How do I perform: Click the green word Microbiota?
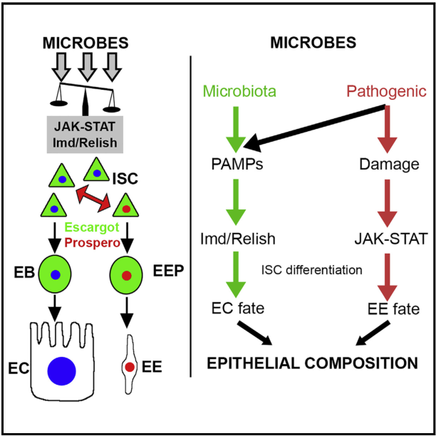pyautogui.click(x=239, y=91)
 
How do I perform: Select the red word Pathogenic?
pyautogui.click(x=387, y=92)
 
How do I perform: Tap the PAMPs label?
pyautogui.click(x=237, y=164)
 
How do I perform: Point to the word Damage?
pyautogui.click(x=389, y=165)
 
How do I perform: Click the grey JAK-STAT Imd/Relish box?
pyautogui.click(x=85, y=135)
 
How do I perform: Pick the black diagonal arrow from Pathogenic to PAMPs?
pyautogui.click(x=314, y=128)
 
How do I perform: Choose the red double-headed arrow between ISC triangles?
pyautogui.click(x=93, y=199)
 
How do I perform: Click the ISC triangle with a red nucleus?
pyautogui.click(x=125, y=207)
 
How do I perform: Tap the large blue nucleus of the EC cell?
pyautogui.click(x=61, y=371)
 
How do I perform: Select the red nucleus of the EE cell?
pyautogui.click(x=130, y=367)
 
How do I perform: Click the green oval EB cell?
pyautogui.click(x=55, y=274)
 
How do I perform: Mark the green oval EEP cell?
pyautogui.click(x=126, y=274)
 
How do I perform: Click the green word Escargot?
pyautogui.click(x=92, y=227)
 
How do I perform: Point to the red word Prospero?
pyautogui.click(x=93, y=243)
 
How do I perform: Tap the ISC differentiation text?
pyautogui.click(x=312, y=270)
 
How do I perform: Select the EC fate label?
pyautogui.click(x=238, y=308)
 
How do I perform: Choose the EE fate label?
pyautogui.click(x=393, y=308)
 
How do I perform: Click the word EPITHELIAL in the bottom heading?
pyautogui.click(x=254, y=363)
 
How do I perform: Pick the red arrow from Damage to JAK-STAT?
pyautogui.click(x=387, y=204)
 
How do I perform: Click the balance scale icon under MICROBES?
pyautogui.click(x=85, y=98)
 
